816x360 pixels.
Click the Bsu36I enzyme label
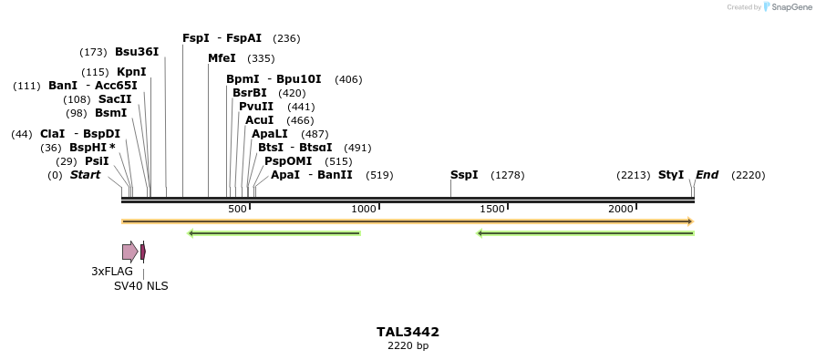click(x=137, y=52)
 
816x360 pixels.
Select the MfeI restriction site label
click(x=222, y=58)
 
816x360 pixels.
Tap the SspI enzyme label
click(x=464, y=175)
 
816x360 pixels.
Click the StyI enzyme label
click(x=671, y=175)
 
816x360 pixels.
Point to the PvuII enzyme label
click(x=256, y=107)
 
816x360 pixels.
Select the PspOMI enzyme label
click(x=283, y=161)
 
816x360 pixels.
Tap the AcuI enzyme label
click(x=260, y=120)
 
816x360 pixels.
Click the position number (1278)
click(x=508, y=175)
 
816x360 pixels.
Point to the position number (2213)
click(x=633, y=175)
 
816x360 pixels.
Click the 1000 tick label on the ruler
click(x=364, y=210)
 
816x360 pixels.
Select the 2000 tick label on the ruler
click(x=621, y=210)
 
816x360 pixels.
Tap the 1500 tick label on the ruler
click(x=492, y=210)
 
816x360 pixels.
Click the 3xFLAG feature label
click(x=112, y=272)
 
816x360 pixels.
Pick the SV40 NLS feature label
click(x=140, y=286)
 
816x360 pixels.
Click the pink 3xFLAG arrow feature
click(x=129, y=252)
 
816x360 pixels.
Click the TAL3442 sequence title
click(x=408, y=333)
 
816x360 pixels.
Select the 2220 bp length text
click(x=408, y=346)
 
